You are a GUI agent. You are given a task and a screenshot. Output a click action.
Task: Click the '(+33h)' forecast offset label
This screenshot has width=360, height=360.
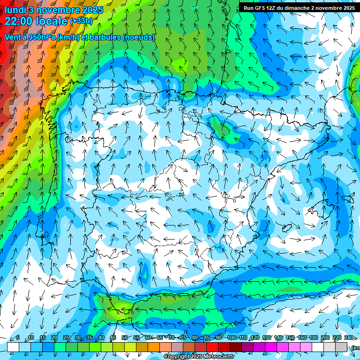81,21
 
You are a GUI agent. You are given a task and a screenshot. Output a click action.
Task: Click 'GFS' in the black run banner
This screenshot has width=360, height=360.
262,8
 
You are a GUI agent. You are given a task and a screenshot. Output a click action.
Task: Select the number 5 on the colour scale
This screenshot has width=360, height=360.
18,338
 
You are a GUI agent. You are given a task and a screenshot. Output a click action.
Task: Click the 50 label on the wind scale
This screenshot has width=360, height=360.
124,338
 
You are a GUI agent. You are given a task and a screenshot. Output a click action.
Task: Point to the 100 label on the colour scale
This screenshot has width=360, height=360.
231,338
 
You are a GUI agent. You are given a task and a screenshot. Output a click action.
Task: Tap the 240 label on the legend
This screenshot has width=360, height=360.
349,338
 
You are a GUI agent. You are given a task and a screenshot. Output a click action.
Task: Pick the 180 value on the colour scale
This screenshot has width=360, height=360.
313,338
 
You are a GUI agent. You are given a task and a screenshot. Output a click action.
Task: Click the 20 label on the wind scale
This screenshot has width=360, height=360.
54,338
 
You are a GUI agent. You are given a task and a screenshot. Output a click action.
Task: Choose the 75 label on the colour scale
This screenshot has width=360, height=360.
183,338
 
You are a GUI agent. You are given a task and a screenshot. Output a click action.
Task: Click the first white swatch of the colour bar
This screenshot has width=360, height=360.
13,347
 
